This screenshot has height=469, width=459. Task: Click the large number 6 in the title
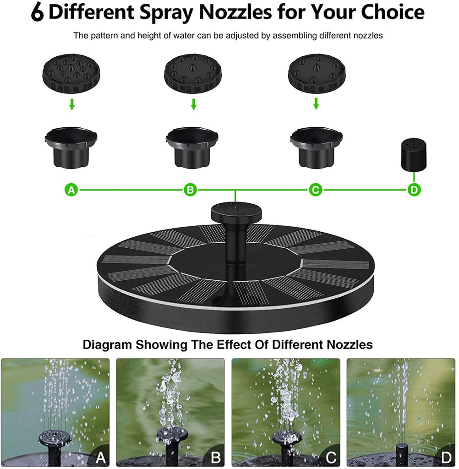tap(38, 12)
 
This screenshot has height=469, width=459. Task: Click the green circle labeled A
tap(71, 190)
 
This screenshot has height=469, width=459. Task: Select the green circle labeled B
tap(190, 190)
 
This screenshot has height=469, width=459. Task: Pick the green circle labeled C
tap(316, 190)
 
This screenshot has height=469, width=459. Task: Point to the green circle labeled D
tap(414, 190)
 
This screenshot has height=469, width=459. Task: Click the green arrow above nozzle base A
tap(72, 104)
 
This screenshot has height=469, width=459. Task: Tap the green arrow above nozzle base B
tap(194, 104)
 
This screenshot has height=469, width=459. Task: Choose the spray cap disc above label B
tap(193, 73)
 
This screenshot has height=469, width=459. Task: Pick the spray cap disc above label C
tap(317, 73)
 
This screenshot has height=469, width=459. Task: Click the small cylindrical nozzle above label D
tap(414, 153)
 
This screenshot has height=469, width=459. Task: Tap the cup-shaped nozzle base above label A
tap(71, 147)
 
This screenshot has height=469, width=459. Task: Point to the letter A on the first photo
tap(100, 458)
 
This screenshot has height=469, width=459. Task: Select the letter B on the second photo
tap(216, 458)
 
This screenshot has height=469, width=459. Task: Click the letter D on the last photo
tap(446, 458)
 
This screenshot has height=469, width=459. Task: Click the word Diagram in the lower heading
tap(107, 345)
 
